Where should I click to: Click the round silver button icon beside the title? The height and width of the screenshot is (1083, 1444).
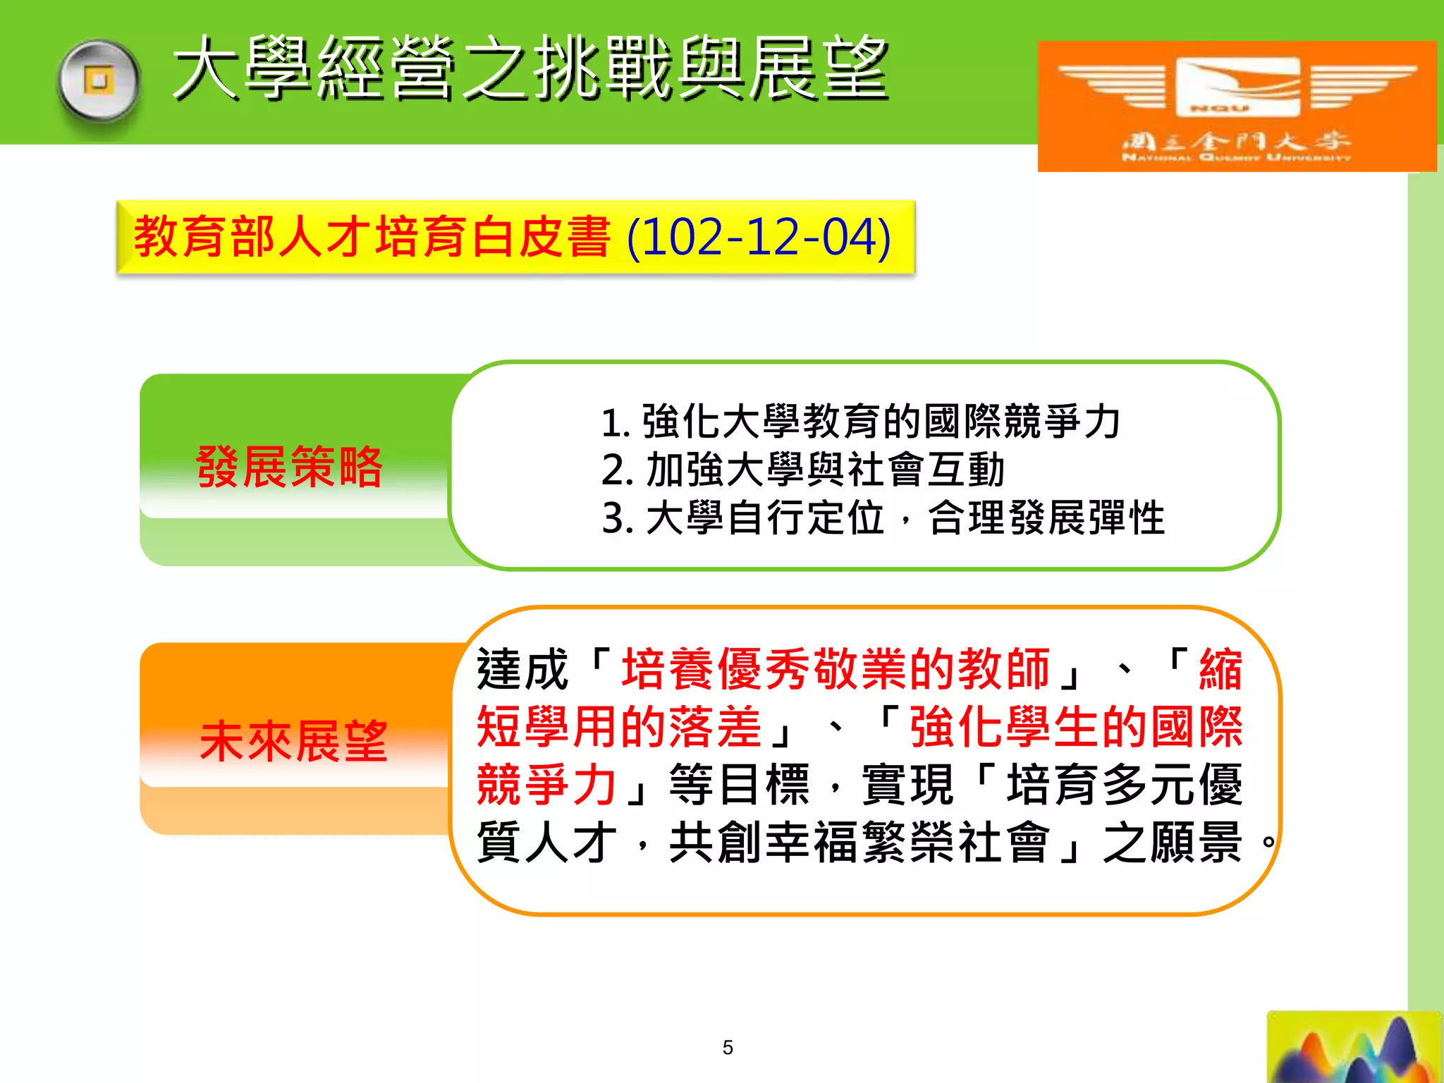(x=99, y=81)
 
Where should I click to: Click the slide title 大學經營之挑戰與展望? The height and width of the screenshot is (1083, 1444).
(x=530, y=69)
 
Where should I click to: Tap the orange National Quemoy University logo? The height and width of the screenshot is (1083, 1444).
(x=1236, y=106)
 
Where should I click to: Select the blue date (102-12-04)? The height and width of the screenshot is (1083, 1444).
(x=759, y=238)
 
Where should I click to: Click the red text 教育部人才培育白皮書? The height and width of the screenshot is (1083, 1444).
(x=372, y=238)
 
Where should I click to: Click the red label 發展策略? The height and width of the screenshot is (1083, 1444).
(x=289, y=467)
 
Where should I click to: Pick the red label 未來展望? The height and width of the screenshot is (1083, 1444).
(x=293, y=742)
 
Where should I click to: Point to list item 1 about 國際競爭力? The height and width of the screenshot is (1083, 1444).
(x=860, y=422)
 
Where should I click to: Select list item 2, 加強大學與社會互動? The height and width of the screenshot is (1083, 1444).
(x=803, y=470)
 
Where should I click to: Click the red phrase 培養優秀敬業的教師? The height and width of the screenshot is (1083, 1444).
(x=836, y=669)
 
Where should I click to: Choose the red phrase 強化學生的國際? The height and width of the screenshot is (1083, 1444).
(x=1076, y=727)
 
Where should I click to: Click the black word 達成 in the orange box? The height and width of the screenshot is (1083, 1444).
(x=522, y=669)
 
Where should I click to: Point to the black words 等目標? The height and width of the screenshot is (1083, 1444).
(x=739, y=785)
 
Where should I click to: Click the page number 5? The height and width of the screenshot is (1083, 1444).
(x=728, y=1048)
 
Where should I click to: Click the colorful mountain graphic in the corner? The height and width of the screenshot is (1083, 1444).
(x=1354, y=1048)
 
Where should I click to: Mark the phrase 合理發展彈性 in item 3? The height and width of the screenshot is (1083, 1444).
(x=1046, y=518)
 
